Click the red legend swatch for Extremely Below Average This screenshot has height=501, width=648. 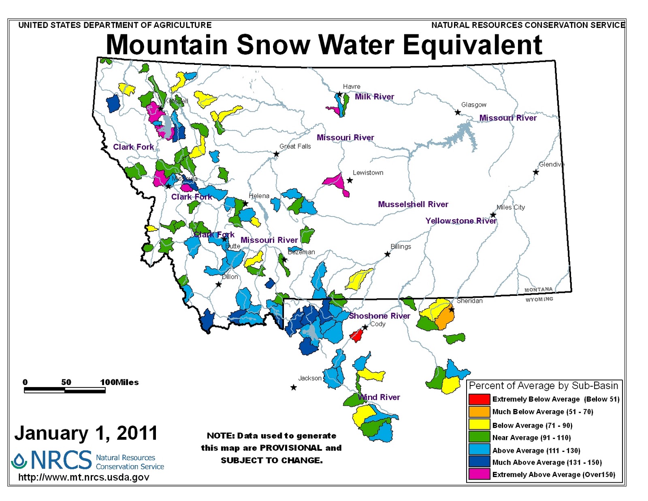point(479,399)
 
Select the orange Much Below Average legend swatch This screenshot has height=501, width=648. point(479,411)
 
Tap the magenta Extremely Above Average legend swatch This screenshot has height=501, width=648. point(479,474)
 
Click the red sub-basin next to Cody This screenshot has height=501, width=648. point(356,335)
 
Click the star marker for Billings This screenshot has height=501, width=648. point(387,254)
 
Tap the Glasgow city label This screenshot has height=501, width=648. point(473,105)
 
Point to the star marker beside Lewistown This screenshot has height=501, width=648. point(350,180)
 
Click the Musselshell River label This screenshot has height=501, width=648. point(413,204)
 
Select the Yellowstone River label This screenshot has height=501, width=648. point(460,221)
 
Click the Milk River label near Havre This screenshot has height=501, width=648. point(374,96)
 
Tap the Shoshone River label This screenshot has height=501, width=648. point(379,316)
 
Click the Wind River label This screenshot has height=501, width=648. point(379,397)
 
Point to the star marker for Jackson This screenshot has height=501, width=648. point(294,388)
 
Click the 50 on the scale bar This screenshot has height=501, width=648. point(66,382)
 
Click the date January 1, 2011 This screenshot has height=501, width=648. point(86,433)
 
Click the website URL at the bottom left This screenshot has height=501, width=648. point(84,477)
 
